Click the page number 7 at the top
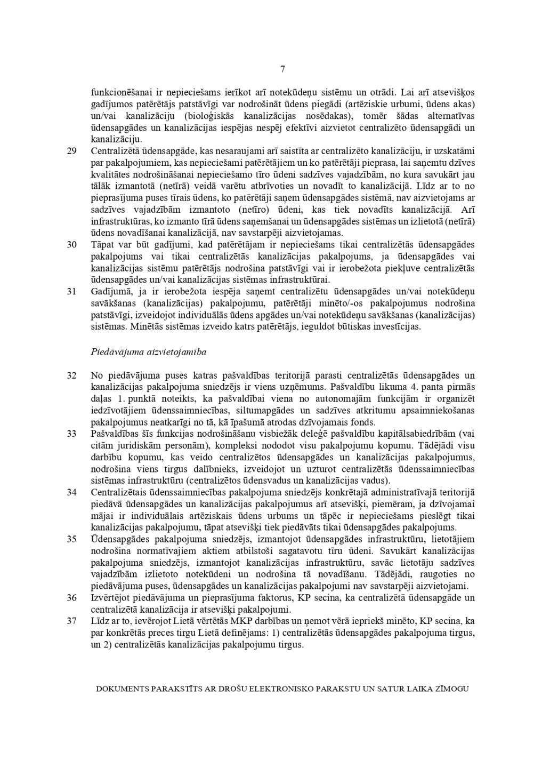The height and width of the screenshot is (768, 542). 282,69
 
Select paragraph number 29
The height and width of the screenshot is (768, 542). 71,151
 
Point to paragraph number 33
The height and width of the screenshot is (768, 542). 71,434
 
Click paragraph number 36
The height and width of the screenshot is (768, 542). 71,597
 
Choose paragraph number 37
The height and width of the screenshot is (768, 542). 71,621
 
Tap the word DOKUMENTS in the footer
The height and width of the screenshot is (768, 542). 122,689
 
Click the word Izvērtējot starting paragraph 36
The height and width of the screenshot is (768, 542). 110,597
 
